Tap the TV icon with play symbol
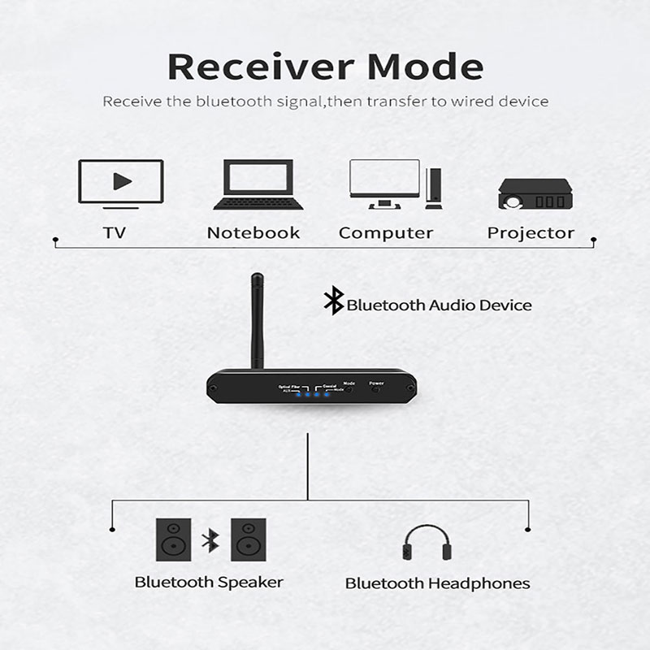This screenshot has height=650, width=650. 120,182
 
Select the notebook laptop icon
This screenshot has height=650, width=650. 253,184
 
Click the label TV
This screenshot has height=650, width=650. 115,233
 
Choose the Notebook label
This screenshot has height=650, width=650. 253,233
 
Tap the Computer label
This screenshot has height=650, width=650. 386,233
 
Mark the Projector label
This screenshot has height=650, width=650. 531,233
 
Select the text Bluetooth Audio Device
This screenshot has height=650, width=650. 439,305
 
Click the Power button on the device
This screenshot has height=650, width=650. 376,389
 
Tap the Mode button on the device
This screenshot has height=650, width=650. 350,389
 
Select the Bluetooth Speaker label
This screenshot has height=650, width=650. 209,582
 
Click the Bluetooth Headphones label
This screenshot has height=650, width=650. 437,583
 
